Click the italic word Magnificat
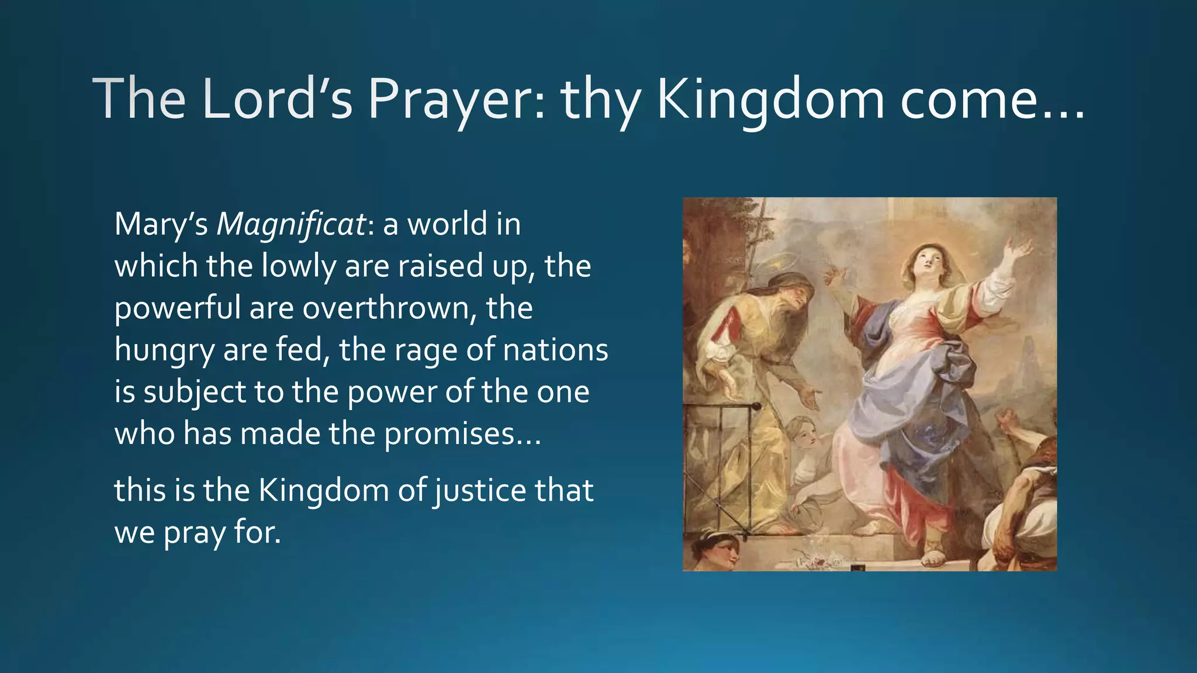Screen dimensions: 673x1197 291,225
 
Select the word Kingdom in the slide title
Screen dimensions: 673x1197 770,99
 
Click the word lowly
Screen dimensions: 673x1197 298,266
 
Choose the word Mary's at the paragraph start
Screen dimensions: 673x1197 161,225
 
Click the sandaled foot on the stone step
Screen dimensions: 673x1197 935,558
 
